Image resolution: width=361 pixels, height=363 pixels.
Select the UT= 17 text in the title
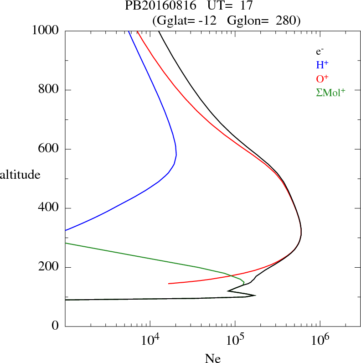coord(225,6)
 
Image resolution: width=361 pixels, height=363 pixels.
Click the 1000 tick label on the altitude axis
coord(46,31)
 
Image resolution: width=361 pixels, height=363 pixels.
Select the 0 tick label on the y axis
coord(56,327)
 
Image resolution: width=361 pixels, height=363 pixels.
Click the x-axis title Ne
coord(212,358)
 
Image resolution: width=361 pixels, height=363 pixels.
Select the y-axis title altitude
coord(20,175)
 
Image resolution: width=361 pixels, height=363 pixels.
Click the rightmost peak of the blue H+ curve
coord(176,155)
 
